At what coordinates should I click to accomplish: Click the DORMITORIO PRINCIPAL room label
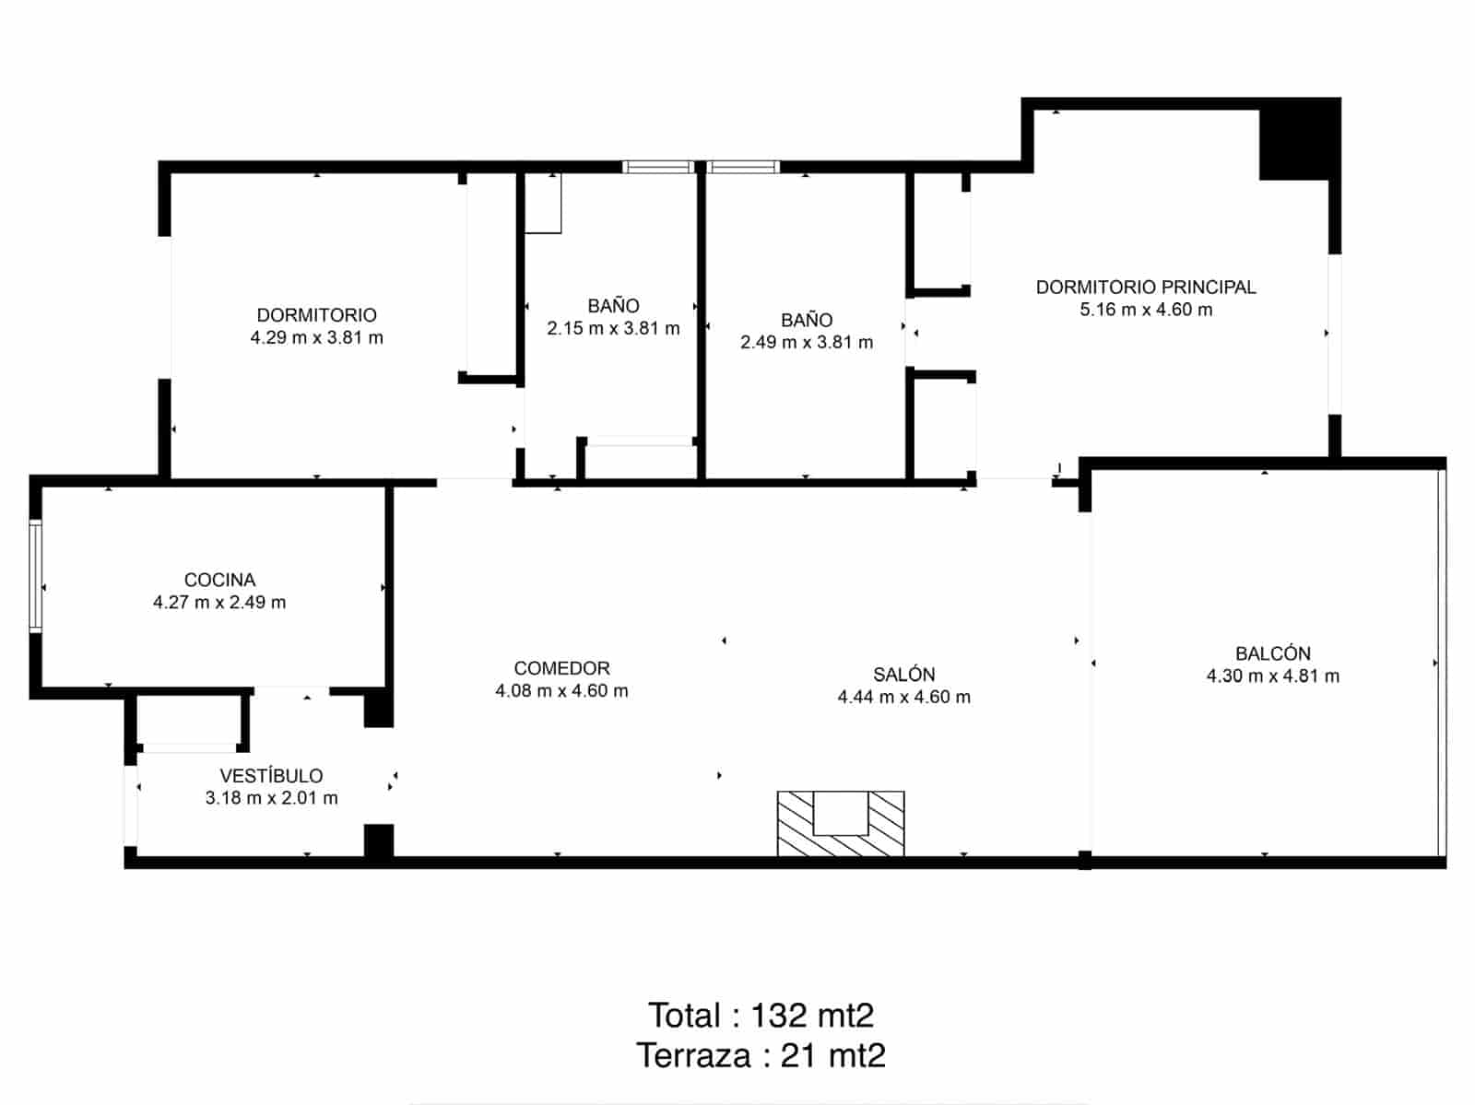1146,287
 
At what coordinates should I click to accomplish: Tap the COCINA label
219,580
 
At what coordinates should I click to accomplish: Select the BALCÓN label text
1272,653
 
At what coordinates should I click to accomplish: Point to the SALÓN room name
903,675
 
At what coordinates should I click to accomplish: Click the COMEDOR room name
561,668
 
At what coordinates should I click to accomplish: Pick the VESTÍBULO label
271,776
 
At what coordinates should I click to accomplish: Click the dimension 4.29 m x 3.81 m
316,337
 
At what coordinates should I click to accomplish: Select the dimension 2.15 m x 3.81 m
613,328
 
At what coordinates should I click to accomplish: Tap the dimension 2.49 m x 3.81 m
807,342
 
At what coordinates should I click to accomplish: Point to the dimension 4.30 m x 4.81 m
1272,676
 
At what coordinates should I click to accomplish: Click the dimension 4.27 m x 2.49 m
219,603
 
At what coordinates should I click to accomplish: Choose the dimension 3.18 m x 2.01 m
271,798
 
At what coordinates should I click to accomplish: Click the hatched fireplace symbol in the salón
841,823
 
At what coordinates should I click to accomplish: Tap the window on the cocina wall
35,576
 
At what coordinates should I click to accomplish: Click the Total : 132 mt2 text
761,1016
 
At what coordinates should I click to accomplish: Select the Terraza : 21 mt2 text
761,1055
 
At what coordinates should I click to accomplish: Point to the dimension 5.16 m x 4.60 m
1146,310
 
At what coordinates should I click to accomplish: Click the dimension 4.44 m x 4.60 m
903,697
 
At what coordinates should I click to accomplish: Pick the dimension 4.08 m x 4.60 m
561,691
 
